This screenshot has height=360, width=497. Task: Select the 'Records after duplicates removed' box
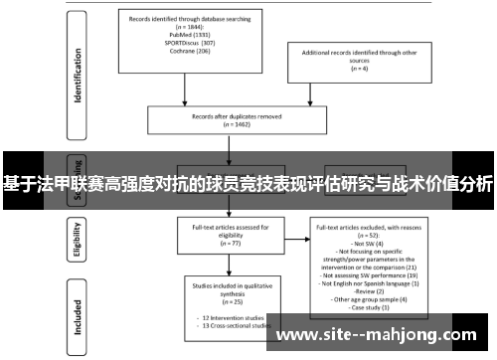point(230,118)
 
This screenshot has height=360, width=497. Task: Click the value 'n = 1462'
point(230,124)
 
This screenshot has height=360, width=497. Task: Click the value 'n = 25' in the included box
point(230,299)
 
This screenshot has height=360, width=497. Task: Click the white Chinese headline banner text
point(248,184)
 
